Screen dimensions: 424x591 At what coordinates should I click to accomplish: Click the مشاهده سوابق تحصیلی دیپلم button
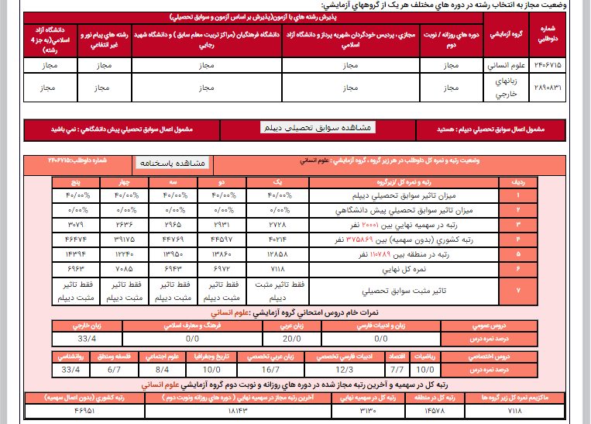[318, 127]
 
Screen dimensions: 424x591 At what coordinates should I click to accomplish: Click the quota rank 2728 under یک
[277, 224]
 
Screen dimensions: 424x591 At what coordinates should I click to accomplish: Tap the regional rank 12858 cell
[277, 253]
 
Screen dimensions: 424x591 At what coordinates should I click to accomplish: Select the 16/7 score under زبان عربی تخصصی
[270, 369]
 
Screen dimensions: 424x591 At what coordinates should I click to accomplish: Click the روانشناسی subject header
[70, 357]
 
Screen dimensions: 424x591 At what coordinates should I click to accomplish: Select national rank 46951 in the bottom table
[86, 410]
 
